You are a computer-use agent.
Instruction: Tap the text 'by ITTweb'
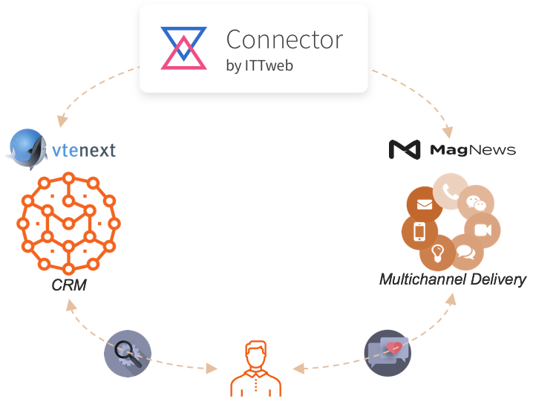point(259,66)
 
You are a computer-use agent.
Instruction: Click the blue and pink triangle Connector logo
point(183,48)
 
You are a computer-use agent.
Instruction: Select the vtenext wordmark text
point(84,151)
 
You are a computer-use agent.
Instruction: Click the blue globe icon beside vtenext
point(28,149)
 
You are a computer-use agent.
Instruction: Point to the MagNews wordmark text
point(473,150)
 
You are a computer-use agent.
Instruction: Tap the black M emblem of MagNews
point(405,150)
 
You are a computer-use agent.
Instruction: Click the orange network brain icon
point(68,223)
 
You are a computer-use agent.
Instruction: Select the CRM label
point(68,285)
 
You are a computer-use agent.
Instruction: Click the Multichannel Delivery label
point(452,280)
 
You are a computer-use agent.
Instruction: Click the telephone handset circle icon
point(450,190)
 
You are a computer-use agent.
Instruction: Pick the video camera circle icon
point(483,230)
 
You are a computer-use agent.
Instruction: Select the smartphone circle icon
point(419,232)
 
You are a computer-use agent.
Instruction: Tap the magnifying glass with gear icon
point(128,353)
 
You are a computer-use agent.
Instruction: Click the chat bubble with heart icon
point(388,353)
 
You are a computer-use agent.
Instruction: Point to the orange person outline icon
point(256,370)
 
